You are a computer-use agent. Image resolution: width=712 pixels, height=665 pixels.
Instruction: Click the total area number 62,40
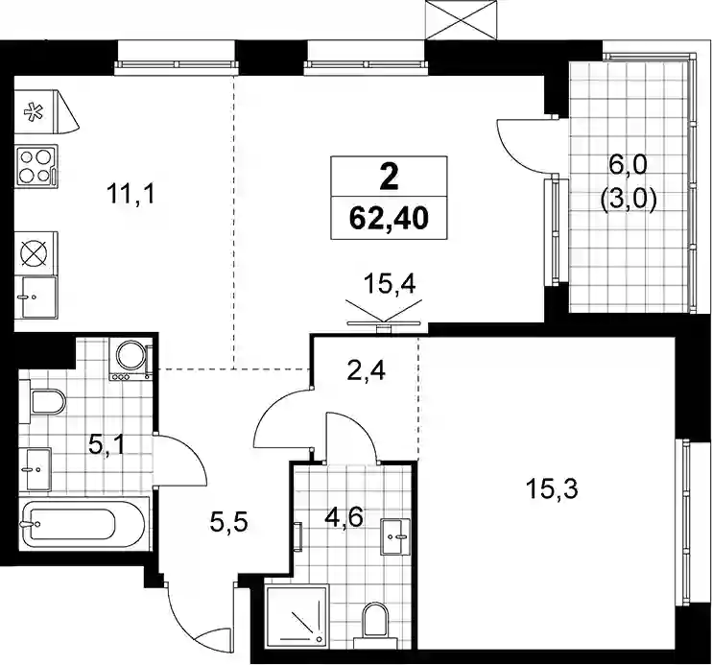(x=389, y=219)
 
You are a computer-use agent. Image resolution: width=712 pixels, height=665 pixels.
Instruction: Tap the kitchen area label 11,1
(x=131, y=194)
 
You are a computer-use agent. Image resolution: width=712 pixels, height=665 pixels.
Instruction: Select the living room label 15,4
(x=390, y=285)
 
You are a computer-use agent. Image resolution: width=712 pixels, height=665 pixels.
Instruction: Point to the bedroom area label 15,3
(x=552, y=489)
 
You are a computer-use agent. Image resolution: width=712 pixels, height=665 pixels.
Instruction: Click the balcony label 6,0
(x=629, y=168)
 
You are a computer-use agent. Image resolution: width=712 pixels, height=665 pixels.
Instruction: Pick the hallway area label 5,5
(x=228, y=521)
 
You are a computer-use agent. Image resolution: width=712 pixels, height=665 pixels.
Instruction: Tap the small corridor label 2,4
(x=366, y=370)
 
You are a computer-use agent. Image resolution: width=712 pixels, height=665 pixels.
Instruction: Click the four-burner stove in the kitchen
(x=36, y=167)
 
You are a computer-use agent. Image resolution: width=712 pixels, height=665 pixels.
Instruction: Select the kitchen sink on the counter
(x=36, y=297)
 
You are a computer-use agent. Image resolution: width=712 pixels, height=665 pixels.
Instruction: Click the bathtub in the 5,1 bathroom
(x=83, y=524)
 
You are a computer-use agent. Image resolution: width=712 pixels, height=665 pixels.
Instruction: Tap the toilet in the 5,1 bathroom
(x=42, y=402)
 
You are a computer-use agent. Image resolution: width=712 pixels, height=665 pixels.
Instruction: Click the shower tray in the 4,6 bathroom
(x=297, y=614)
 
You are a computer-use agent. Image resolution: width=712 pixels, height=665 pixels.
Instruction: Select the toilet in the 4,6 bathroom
(x=375, y=625)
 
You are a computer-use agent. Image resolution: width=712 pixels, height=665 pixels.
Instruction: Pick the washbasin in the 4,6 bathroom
(x=395, y=536)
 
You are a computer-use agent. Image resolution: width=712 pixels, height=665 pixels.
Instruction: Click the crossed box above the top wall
(x=462, y=20)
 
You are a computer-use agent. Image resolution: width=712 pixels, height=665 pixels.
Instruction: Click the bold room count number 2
(x=389, y=178)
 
